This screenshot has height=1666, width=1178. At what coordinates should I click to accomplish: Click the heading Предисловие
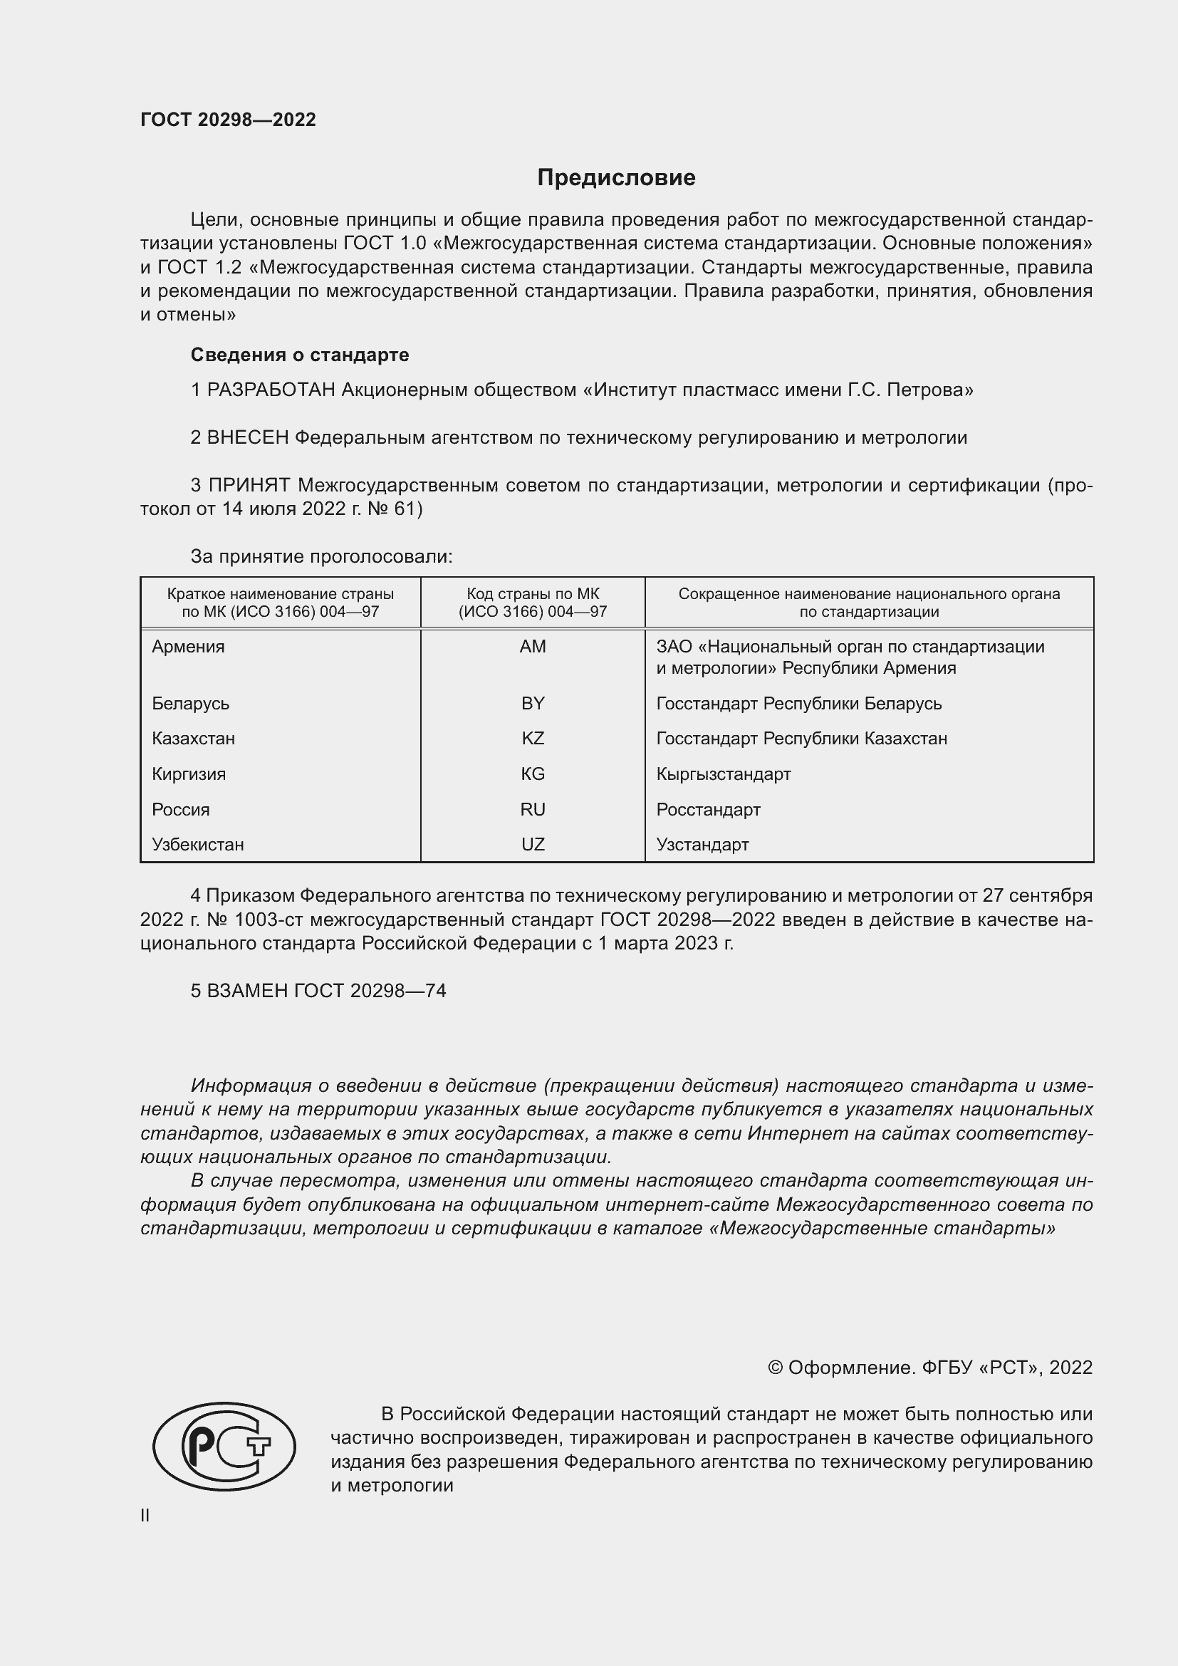(x=616, y=178)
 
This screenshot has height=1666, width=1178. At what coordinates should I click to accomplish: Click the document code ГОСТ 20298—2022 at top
(x=228, y=120)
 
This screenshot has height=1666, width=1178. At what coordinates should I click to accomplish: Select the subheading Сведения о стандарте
(x=300, y=355)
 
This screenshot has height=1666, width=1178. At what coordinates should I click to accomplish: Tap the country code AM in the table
(x=533, y=647)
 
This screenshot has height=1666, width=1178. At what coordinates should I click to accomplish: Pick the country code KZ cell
(x=533, y=739)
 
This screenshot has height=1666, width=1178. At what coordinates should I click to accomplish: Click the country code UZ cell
(x=533, y=845)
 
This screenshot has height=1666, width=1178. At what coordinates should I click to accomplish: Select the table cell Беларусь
(x=190, y=704)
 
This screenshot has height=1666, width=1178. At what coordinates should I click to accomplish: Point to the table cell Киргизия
(x=189, y=774)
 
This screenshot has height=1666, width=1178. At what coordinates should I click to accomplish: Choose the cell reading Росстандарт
(x=708, y=810)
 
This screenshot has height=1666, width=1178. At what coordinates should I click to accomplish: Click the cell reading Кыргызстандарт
(x=723, y=774)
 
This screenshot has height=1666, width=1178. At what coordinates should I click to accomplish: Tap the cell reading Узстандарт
(x=702, y=845)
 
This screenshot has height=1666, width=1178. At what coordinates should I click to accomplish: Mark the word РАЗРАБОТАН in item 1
(x=271, y=390)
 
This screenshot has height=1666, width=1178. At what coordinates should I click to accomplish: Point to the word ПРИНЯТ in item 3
(x=249, y=486)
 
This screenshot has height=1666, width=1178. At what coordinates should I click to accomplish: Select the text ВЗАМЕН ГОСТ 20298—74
(x=326, y=991)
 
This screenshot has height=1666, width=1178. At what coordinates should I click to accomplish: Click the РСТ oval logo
(x=224, y=1446)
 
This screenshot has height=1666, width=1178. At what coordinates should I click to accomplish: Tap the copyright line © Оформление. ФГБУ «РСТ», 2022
(x=929, y=1368)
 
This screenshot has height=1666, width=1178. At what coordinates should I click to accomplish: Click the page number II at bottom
(x=145, y=1516)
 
